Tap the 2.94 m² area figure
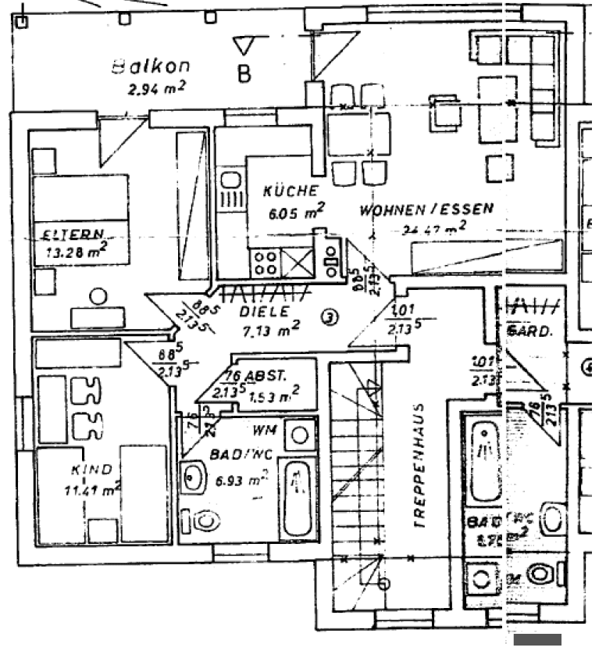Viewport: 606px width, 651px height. tap(156, 88)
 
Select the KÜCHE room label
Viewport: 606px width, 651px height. tap(290, 191)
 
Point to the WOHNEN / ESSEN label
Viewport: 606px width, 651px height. tap(426, 209)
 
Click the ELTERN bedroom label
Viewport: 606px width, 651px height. tap(73, 234)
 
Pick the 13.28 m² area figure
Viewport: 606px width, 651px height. tap(76, 252)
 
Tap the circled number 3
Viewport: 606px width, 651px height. tap(330, 317)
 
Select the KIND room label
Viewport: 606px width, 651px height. tap(91, 470)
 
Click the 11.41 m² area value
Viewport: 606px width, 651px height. tap(91, 491)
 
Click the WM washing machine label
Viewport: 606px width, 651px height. tap(261, 429)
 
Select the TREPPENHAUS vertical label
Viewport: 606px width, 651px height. tap(420, 467)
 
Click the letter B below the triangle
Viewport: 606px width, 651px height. tap(244, 75)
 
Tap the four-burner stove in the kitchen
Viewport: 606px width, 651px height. tap(264, 262)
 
